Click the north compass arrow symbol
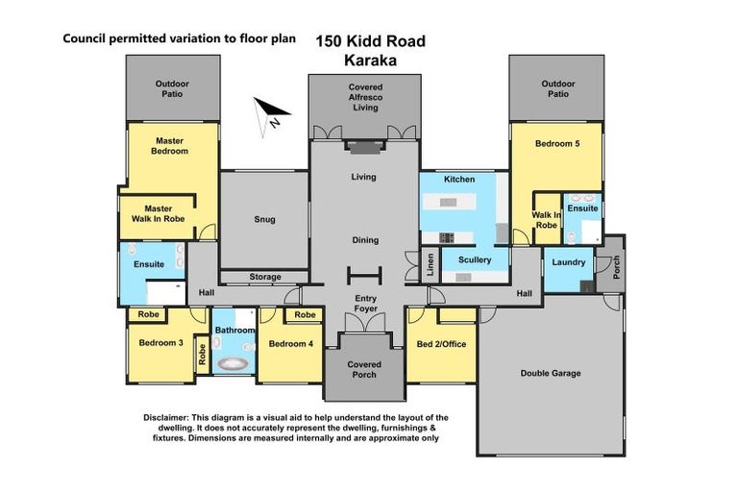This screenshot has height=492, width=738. pos(268,113)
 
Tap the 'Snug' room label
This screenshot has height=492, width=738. pos(265,220)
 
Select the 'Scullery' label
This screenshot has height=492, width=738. pos(474,259)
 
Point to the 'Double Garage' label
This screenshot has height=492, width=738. pos(551,373)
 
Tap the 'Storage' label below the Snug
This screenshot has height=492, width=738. pos(265,278)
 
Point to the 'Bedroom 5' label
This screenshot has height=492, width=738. pos(557,143)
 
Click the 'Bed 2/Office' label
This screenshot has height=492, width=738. pos(441,344)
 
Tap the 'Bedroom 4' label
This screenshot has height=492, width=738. pos(290,344)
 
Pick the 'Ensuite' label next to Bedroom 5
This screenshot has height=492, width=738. pos(582,208)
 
